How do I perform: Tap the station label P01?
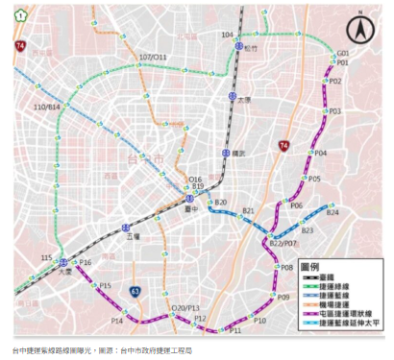pos(341,62)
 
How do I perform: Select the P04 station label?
pos(321,154)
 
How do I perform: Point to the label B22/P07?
pos(284,245)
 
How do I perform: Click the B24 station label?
pos(332,213)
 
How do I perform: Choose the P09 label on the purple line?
pos(283,299)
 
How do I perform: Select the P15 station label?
pos(106,286)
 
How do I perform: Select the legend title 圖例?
pos(311,264)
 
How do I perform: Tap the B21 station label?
pos(249,210)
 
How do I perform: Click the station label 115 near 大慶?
pos(46,258)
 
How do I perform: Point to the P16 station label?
pos(86,262)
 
